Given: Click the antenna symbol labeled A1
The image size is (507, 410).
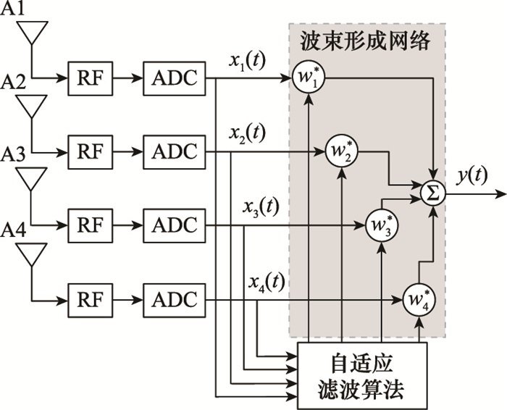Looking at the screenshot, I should [33, 33].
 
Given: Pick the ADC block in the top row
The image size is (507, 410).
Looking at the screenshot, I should [174, 78].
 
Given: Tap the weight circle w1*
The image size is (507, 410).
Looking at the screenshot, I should [309, 78].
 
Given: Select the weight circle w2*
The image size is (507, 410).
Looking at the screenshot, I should [341, 151].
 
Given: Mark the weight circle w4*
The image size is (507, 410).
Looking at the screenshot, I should [419, 299].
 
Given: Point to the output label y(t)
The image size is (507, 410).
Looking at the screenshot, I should [472, 176].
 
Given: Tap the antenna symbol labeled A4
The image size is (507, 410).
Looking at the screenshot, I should [33, 254].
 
